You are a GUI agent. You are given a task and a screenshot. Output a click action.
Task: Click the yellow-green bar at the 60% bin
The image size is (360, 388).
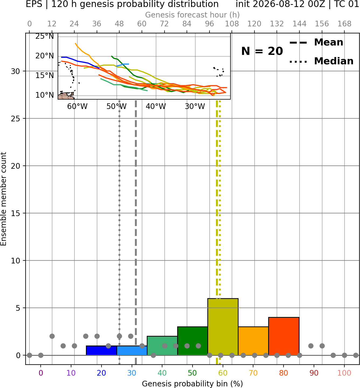pos(223,327)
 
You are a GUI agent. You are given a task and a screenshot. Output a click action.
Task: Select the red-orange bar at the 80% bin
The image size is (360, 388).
pos(284,336)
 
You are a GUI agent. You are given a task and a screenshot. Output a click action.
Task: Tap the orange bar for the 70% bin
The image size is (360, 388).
pos(253,341)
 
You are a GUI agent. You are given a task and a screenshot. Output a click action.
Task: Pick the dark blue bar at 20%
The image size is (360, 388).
pos(102,351)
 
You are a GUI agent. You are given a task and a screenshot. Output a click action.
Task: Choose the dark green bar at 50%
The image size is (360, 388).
pos(193,341)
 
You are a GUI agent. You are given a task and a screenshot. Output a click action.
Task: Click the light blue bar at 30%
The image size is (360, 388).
pos(132,351)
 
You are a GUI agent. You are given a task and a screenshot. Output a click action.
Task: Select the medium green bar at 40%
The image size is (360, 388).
pos(162,345)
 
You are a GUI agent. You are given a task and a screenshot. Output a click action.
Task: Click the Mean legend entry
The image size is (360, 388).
pos(316,43)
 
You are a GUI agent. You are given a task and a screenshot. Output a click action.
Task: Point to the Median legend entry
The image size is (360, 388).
pos(321,61)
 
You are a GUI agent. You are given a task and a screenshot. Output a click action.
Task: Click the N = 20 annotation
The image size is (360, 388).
pos(262,51)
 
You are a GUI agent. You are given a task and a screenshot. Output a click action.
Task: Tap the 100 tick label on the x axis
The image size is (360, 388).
pos(344,373)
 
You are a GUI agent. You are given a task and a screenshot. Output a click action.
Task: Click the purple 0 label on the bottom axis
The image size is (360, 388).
pos(41,373)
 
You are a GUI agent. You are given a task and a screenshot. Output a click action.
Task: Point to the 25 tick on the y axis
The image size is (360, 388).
pos(15,119)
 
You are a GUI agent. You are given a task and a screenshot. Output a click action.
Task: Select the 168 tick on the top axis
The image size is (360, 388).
pos(344,24)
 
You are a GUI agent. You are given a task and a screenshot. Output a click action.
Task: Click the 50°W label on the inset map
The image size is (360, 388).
pos(117,107)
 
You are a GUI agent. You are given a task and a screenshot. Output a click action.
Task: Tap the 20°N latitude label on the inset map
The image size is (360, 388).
pos(45,56)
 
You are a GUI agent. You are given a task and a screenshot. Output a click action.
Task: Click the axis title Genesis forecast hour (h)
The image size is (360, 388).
pos(193,15)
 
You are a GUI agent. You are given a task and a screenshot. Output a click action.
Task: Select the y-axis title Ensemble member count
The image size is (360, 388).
pos(4,199)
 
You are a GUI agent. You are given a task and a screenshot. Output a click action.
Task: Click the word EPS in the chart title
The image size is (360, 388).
pos(34,4)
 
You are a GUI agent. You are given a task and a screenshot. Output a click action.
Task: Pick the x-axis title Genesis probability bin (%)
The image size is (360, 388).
pos(193,384)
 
